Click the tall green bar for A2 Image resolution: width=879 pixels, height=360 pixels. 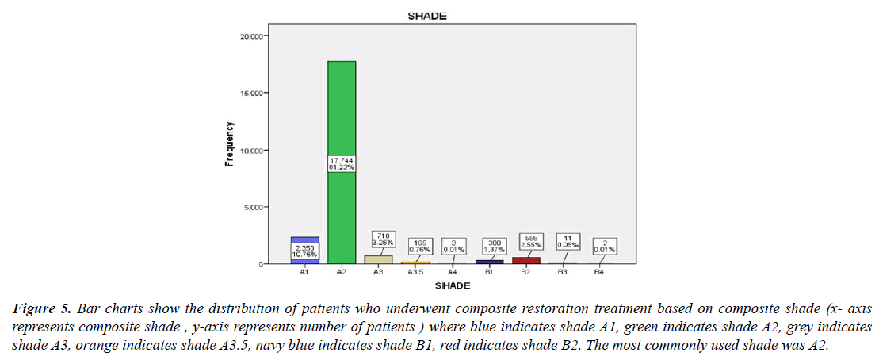342,111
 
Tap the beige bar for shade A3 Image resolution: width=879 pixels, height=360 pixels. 379,259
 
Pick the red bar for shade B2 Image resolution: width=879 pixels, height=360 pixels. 526,260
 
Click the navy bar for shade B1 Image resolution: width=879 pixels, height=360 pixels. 489,262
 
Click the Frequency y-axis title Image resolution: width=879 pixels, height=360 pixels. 229,144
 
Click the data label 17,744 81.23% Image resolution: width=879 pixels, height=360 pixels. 342,163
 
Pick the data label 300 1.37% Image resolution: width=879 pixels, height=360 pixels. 489,247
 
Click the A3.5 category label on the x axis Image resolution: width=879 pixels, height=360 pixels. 415,272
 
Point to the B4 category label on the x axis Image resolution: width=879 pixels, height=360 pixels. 600,272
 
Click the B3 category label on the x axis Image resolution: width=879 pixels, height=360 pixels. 563,272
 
